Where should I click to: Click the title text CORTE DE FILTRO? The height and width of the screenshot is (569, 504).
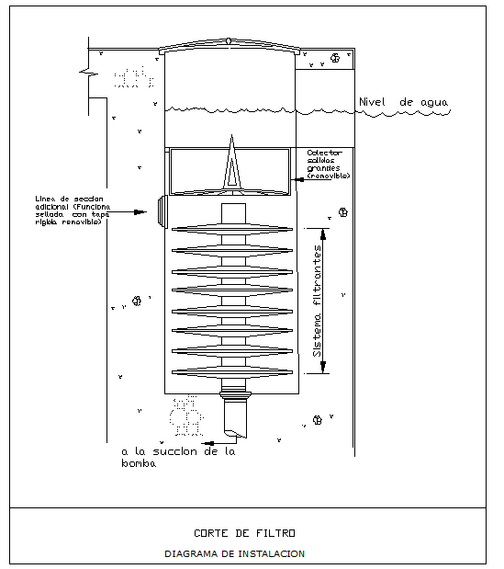pyautogui.click(x=244, y=532)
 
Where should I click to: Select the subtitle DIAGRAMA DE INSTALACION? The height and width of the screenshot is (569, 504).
pyautogui.click(x=234, y=553)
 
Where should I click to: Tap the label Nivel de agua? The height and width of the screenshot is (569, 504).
pyautogui.click(x=399, y=101)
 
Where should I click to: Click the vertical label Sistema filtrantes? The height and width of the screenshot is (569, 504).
pyautogui.click(x=317, y=301)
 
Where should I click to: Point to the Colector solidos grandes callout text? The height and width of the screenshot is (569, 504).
pyautogui.click(x=328, y=164)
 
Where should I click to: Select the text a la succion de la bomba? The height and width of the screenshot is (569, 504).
pyautogui.click(x=180, y=457)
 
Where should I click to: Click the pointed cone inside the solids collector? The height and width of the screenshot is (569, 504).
pyautogui.click(x=234, y=165)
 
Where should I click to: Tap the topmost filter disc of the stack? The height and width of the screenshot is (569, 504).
pyautogui.click(x=233, y=228)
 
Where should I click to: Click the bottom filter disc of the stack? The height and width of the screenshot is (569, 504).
pyautogui.click(x=233, y=371)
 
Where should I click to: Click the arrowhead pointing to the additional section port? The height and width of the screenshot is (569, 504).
pyautogui.click(x=141, y=212)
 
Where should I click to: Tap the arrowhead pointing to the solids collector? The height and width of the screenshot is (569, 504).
pyautogui.click(x=298, y=165)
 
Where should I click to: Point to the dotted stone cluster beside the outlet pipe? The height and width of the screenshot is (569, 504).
pyautogui.click(x=187, y=416)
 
